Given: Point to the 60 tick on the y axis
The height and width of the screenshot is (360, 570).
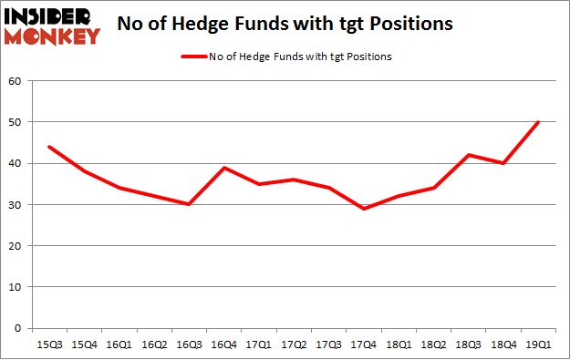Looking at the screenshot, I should coord(16,81).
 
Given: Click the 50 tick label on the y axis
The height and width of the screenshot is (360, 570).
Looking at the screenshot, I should coord(16,122).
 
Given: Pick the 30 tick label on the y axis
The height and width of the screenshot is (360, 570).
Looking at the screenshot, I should coord(16,205).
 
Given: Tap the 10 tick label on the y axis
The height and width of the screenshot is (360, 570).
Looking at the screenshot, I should coord(16,287).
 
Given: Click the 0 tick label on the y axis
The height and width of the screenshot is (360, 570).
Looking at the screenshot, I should coord(18,328).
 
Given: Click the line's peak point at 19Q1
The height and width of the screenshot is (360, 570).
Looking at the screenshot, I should coord(538,122).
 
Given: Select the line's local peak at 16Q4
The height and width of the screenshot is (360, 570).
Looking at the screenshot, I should coord(223,168).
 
